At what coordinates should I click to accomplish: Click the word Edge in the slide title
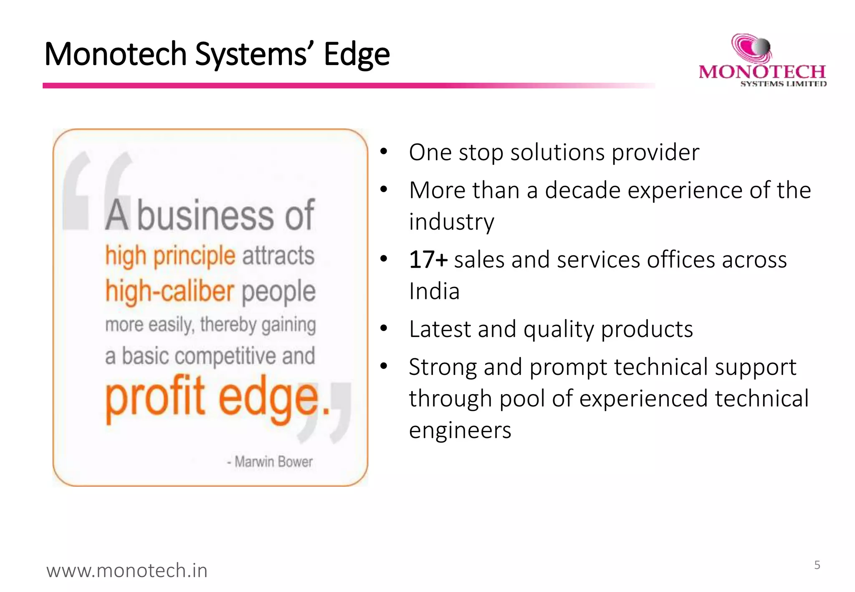357,54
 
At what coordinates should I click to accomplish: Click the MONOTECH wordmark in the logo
762,72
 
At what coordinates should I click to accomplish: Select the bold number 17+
428,260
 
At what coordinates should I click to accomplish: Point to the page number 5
817,565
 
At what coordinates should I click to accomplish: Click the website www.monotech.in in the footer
127,570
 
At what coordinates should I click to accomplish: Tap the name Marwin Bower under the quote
273,462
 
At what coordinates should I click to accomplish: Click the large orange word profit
155,396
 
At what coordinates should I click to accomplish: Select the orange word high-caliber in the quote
169,291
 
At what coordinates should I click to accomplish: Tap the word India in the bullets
434,291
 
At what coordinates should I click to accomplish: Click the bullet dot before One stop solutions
384,152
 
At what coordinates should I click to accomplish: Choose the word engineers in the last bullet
460,430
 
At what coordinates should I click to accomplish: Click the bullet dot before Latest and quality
384,329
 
